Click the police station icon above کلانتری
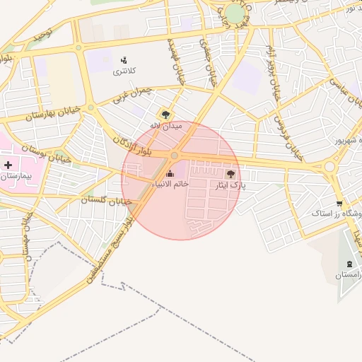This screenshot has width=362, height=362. click(x=124, y=60)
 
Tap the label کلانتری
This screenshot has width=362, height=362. click(x=124, y=72)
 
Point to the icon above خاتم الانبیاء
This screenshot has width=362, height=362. click(x=170, y=173)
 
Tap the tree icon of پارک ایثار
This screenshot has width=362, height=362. click(x=230, y=173)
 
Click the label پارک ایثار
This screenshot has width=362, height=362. click(x=230, y=185)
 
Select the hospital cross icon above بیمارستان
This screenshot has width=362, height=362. click(x=8, y=164)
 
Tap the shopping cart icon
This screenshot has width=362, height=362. click(x=320, y=204)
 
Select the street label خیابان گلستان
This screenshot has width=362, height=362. click(x=106, y=201)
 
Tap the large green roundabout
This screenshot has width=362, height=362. click(x=235, y=13)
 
